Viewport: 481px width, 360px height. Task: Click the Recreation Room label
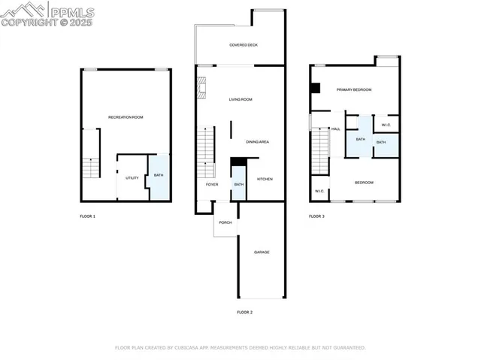point(126,117)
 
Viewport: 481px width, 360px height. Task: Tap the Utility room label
point(132,178)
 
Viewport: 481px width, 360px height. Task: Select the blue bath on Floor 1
point(159,177)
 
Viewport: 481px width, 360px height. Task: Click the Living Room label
point(240,99)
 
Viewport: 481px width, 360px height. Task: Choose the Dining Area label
point(258,141)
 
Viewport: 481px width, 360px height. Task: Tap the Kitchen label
point(265,179)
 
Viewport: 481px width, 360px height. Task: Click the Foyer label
point(213,184)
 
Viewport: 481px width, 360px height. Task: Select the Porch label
point(225,222)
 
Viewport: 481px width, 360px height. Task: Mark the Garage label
point(262,252)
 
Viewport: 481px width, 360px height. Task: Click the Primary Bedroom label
point(353,89)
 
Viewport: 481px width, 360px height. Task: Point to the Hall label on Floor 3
point(336,129)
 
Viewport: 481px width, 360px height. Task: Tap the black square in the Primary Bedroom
point(315,88)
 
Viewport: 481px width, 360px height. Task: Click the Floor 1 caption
point(88,216)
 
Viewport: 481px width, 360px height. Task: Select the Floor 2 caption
point(245,312)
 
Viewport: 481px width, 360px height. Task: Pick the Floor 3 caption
point(317,216)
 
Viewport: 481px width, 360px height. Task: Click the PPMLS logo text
point(71,12)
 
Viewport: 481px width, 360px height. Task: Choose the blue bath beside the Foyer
point(239,185)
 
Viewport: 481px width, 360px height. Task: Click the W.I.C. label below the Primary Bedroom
point(386,125)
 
